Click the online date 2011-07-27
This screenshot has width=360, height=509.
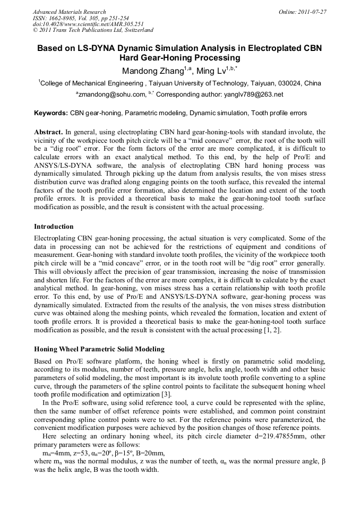pyautogui.click(x=312, y=12)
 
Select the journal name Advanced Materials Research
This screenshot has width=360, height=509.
pyautogui.click(x=69, y=12)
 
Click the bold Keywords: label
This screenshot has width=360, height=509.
pyautogui.click(x=51, y=113)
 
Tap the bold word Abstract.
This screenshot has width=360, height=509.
pyautogui.click(x=48, y=132)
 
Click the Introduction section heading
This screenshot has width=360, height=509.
pyautogui.click(x=54, y=227)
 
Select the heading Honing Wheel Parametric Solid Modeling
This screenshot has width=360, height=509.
pyautogui.click(x=99, y=349)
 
